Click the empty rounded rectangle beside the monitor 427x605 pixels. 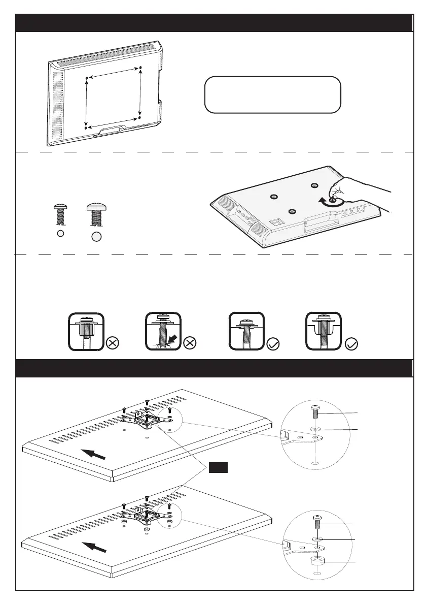click(272, 94)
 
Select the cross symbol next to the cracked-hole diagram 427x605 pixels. click(189, 343)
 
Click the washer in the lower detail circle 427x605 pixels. click(316, 538)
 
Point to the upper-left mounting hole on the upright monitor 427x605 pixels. click(87, 78)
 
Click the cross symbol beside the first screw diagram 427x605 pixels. click(113, 343)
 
